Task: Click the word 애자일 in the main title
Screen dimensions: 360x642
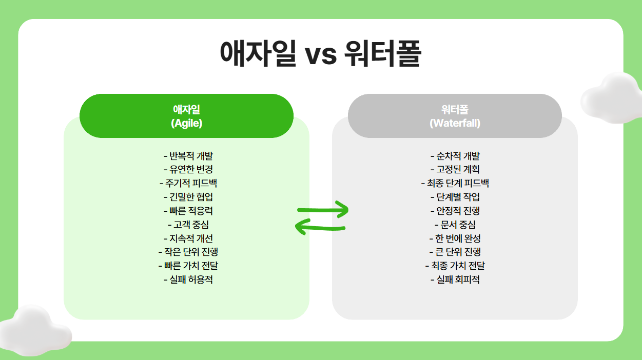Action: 258,53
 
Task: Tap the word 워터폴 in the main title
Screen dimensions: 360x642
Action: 383,53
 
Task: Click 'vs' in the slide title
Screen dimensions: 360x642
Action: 321,54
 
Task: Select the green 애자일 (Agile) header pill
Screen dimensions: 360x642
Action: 186,116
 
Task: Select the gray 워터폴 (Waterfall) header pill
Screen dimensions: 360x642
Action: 455,116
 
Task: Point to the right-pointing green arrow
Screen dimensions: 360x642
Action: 323,209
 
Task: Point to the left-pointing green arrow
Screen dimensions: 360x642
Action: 321,226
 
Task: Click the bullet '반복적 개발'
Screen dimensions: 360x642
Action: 187,156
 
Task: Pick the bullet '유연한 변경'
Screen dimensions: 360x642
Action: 187,169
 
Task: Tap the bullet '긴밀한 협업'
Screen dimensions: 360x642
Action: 187,197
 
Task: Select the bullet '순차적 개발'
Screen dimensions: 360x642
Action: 455,156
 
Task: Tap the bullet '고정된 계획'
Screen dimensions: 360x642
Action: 455,169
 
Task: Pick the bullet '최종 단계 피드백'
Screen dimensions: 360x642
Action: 455,183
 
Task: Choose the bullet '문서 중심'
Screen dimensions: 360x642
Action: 455,225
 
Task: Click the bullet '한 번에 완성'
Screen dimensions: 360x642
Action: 455,238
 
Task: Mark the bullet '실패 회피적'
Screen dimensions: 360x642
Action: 455,279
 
